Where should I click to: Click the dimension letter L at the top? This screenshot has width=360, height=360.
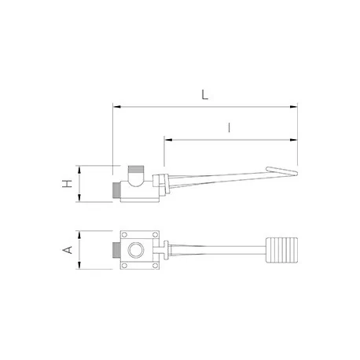(204, 95)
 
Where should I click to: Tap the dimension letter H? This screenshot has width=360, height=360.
(68, 184)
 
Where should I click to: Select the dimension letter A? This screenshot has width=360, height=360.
(68, 251)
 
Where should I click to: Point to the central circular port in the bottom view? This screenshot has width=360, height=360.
(138, 252)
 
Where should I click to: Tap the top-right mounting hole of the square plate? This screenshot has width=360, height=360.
(155, 236)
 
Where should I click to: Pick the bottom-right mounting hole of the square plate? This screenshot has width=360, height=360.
(155, 267)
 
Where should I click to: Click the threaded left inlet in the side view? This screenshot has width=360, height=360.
(116, 191)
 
